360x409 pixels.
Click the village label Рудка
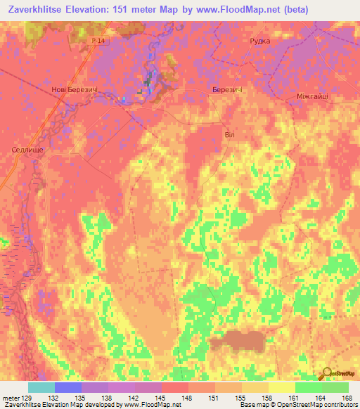tap(260, 41)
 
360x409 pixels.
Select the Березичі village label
tap(227, 90)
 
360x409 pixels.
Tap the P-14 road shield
tap(98, 42)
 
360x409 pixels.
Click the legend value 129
tap(27, 398)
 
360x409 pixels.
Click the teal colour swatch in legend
tap(41, 387)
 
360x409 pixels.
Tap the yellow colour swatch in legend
tap(282, 387)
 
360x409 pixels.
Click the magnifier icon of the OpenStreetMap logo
tap(327, 374)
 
